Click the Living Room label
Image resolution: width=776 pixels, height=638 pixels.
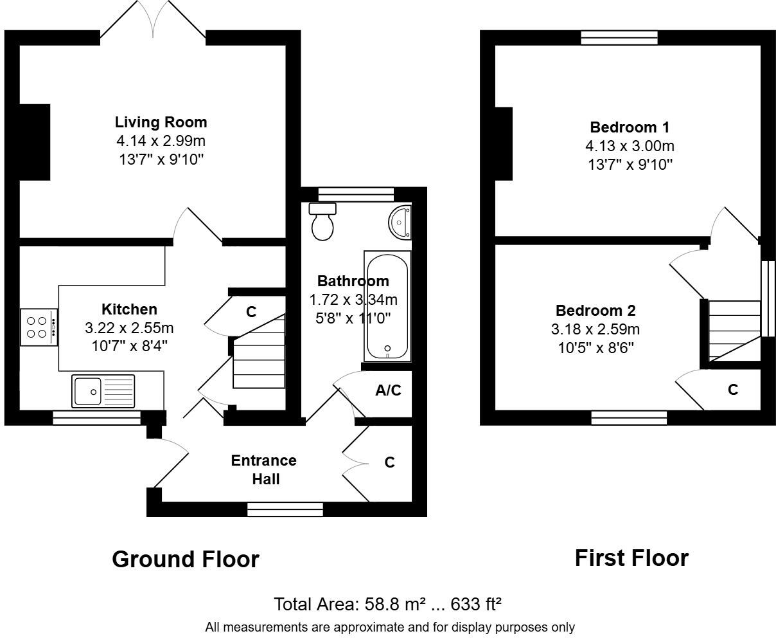point(161,122)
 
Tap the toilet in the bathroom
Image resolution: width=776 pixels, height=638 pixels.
point(322,221)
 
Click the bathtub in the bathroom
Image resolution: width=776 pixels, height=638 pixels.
point(387,306)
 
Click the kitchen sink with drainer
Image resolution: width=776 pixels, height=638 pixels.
point(103,390)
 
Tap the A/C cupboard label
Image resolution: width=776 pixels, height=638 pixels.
point(388,390)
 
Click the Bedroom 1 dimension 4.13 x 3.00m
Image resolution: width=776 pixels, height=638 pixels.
point(630,146)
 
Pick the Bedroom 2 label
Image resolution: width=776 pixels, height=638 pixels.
point(595,311)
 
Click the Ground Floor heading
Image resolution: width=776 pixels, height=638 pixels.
point(185,559)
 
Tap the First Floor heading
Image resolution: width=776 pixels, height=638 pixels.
point(631,558)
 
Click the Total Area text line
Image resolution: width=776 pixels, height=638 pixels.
point(387,605)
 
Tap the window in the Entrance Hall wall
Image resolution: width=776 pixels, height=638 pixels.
point(285,510)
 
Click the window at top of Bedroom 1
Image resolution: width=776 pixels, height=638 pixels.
point(619,38)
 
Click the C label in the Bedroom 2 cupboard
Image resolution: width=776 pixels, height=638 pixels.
point(732,390)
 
